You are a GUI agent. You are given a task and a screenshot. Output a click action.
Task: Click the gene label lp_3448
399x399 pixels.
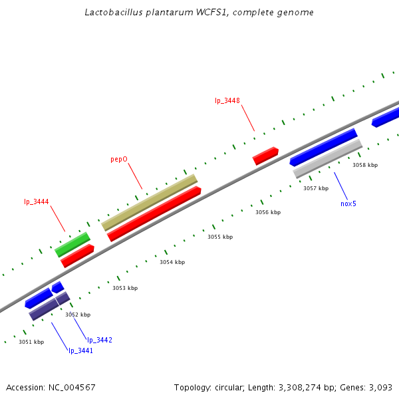227,101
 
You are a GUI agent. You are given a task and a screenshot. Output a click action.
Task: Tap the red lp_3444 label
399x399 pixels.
37,201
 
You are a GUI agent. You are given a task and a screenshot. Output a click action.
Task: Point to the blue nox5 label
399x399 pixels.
348,203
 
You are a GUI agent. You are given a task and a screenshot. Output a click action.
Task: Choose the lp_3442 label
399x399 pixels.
100,340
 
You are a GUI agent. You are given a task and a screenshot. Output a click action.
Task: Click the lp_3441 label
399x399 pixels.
80,350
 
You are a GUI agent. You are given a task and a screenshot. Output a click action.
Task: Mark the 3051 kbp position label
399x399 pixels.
31,342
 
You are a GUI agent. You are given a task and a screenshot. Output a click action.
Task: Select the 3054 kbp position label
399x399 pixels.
172,262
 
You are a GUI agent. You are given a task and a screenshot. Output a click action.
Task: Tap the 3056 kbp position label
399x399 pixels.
268,212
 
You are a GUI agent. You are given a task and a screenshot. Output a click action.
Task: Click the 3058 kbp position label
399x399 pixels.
364,165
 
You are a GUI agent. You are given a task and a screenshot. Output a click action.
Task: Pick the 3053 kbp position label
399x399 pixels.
125,288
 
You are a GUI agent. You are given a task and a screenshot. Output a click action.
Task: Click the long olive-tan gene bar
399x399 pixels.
150,202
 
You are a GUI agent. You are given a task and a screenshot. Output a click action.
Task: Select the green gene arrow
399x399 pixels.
72,244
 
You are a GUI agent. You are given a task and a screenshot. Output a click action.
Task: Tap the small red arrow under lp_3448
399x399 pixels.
265,156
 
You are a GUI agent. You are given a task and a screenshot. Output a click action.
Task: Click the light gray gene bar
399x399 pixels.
328,158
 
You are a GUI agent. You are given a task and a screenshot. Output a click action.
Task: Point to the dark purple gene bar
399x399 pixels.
49,306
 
